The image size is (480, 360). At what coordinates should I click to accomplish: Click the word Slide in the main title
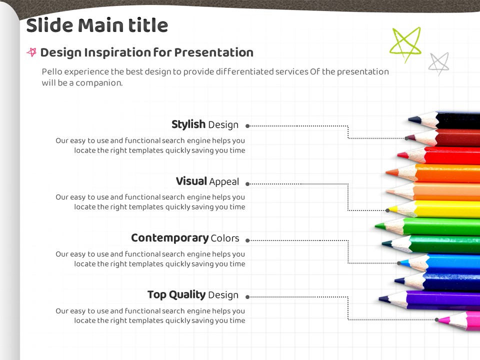(x=49, y=25)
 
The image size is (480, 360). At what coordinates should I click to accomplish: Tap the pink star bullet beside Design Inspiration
(x=32, y=52)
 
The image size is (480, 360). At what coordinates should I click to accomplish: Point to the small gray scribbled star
(x=438, y=63)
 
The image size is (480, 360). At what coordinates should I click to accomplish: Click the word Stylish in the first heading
(x=188, y=124)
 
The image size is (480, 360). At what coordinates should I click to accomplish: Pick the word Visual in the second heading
(x=191, y=181)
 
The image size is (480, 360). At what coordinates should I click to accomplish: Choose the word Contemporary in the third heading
(x=170, y=238)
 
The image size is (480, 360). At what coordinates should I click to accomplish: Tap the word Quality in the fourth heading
(x=187, y=295)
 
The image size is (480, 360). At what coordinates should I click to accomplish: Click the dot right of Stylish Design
(x=247, y=126)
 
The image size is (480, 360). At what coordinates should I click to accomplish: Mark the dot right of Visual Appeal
(x=247, y=184)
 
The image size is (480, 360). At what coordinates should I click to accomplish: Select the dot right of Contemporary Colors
(x=247, y=240)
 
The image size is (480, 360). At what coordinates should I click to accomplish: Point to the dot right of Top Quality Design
(x=247, y=297)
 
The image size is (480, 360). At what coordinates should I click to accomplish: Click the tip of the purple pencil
(x=379, y=298)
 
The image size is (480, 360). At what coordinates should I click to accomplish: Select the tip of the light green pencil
(x=376, y=226)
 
